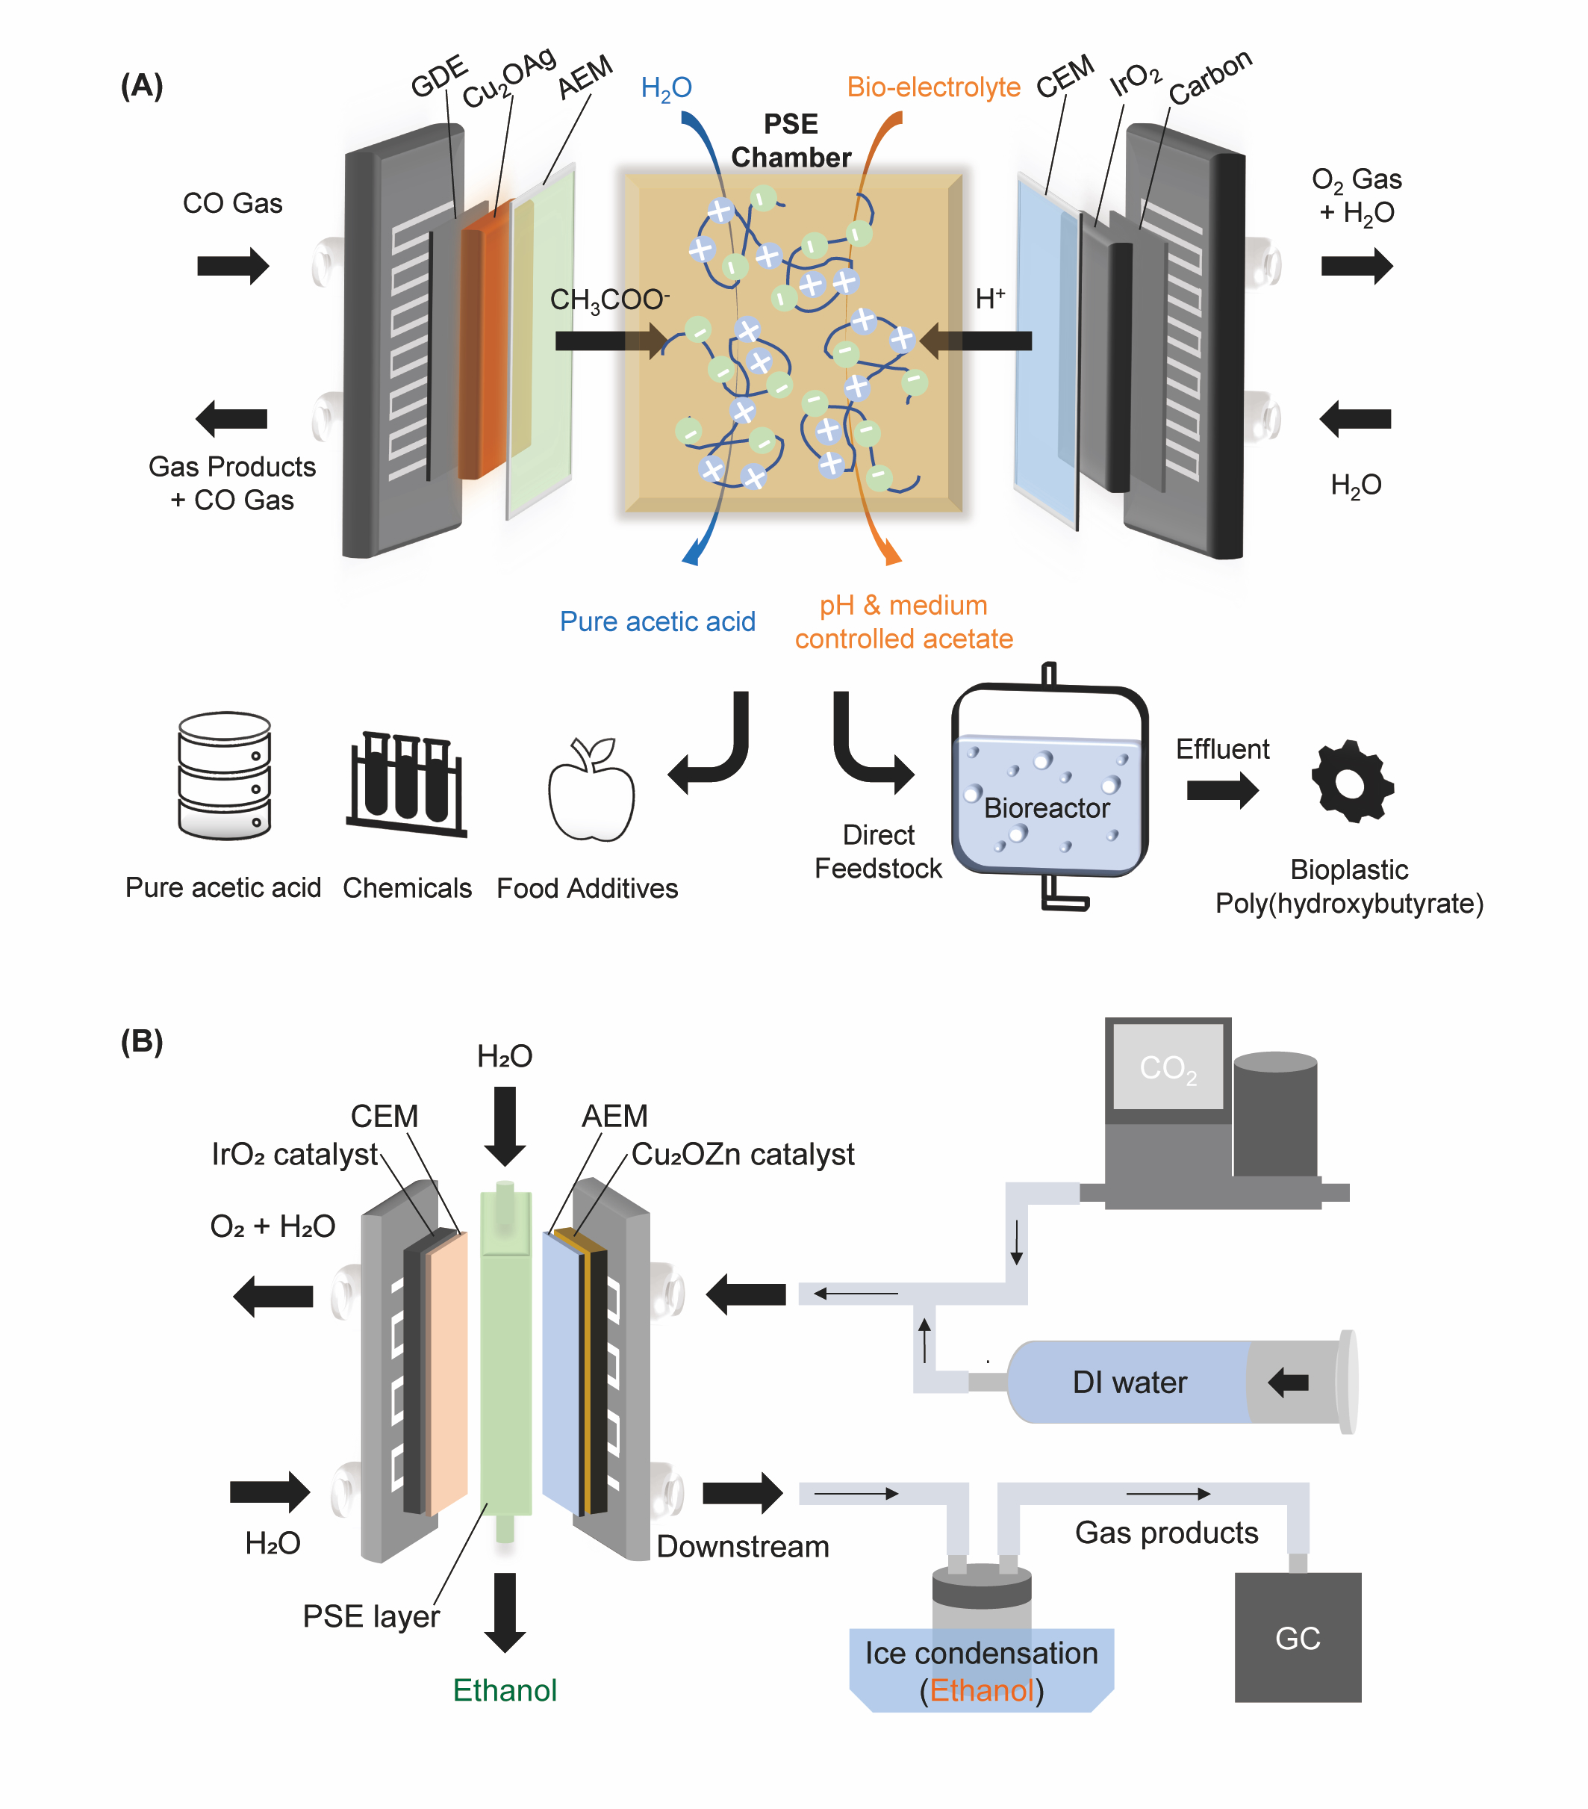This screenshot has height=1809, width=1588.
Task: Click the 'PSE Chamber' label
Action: point(790,140)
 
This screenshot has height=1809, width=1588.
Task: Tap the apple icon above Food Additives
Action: point(591,789)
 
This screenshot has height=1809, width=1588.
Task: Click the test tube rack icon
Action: point(407,784)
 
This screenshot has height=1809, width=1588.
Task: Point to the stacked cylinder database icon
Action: point(225,775)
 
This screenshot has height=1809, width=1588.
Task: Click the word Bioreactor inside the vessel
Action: point(1046,808)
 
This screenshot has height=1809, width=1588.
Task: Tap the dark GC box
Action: point(1297,1637)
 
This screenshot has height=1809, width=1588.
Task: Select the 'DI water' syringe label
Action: point(1129,1383)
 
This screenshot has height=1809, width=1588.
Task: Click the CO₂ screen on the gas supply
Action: point(1168,1067)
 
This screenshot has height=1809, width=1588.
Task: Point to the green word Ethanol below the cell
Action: point(504,1690)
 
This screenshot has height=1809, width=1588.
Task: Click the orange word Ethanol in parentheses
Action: point(981,1690)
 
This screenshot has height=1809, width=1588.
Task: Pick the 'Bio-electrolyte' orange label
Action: point(933,87)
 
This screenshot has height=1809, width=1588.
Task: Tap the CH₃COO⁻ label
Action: point(609,300)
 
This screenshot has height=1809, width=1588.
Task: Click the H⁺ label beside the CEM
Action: point(990,300)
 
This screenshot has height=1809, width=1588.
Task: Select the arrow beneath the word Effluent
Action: point(1221,790)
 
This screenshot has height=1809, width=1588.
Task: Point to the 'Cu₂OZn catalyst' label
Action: point(742,1154)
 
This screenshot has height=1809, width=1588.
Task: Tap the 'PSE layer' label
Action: point(370,1616)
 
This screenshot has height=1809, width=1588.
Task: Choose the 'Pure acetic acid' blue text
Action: point(657,621)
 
